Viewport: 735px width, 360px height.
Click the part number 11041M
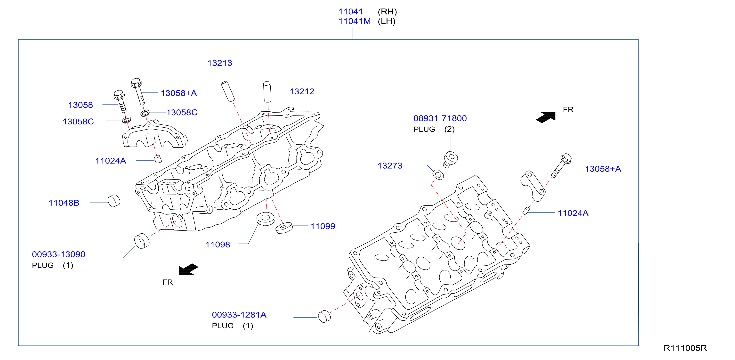(354, 21)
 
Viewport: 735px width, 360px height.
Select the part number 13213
(220, 63)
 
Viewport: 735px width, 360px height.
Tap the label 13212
(302, 91)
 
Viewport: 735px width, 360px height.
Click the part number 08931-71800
(440, 118)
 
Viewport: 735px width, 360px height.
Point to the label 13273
(390, 166)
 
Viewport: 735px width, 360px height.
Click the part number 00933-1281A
(239, 315)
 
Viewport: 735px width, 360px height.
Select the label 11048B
(64, 203)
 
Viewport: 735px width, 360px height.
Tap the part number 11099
(323, 226)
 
